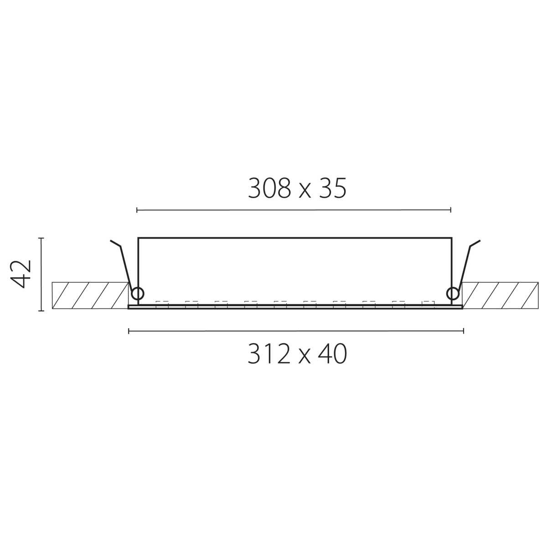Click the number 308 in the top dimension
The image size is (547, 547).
coord(269,188)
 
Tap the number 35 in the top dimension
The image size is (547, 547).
coord(332,188)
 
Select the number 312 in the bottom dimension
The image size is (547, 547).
coord(268,354)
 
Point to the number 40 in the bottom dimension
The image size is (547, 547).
coord(332,354)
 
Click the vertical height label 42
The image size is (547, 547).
coord(21,273)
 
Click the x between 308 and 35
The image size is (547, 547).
coord(304,191)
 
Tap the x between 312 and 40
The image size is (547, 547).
coord(304,357)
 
